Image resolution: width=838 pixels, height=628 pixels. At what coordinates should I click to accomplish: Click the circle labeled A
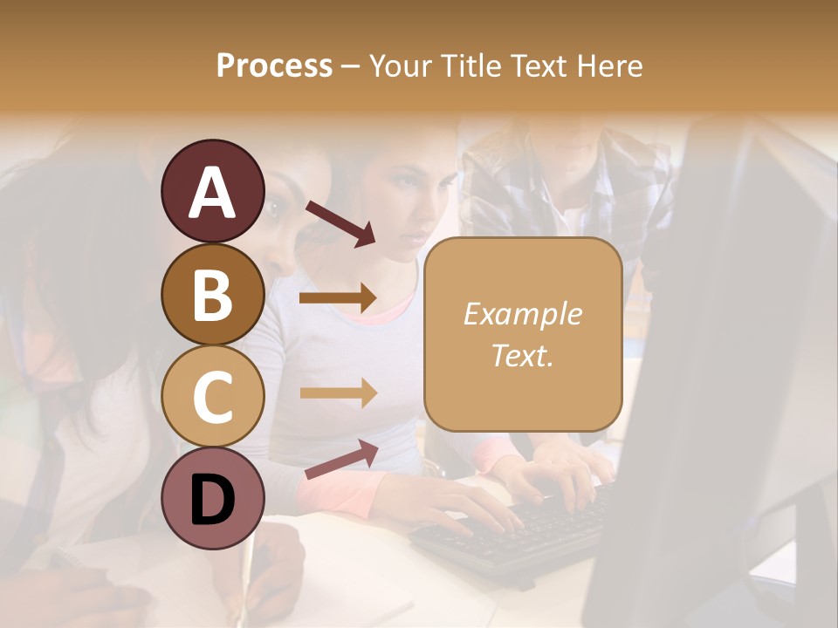(212, 191)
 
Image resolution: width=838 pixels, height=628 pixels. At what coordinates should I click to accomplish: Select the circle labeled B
(212, 294)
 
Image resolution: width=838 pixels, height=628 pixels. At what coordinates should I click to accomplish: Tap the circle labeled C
(212, 397)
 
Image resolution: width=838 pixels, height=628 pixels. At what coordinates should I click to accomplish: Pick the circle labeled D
(212, 499)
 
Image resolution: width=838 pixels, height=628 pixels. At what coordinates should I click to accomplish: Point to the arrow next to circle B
(338, 297)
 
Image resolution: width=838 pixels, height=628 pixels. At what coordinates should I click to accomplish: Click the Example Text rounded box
(523, 334)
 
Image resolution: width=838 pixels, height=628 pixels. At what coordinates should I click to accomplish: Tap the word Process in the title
(274, 65)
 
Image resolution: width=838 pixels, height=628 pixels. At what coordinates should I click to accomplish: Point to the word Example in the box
(522, 314)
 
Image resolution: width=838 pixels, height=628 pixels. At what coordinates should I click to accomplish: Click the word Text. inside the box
(522, 356)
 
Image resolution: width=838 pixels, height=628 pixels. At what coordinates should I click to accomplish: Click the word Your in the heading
(402, 65)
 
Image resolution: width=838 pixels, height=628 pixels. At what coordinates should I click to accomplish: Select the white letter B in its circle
(212, 294)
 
